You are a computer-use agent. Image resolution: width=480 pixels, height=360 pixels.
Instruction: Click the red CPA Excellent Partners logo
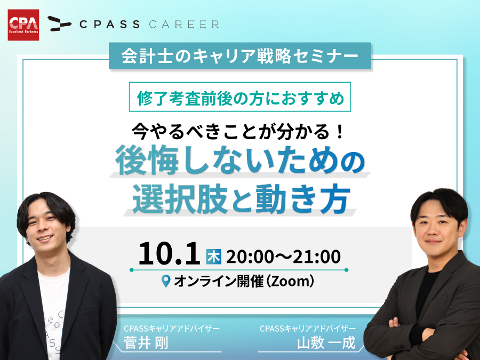pos(23,25)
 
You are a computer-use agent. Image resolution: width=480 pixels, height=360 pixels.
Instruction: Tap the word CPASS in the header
pos(109,24)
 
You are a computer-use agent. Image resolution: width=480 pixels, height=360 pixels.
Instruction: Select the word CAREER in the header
pos(184,24)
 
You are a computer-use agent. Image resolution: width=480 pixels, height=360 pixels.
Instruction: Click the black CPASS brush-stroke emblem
pos(59,23)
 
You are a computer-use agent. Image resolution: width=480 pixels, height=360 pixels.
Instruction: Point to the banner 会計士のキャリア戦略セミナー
pos(240,55)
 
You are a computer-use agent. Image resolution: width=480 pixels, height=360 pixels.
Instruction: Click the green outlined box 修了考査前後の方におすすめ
pos(240,97)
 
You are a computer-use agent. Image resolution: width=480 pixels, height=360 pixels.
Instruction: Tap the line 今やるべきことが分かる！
pos(238,131)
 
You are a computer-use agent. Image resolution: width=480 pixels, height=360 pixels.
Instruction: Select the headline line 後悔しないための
pos(240,161)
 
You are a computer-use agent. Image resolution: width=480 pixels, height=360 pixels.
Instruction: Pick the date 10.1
pos(169,253)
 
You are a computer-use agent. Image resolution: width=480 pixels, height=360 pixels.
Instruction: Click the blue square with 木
pos(213,257)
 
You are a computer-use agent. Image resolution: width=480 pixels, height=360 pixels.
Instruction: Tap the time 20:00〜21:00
pos(283,257)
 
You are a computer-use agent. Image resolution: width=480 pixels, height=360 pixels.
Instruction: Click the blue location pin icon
pos(166,281)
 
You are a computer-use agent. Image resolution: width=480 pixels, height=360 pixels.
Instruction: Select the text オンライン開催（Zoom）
pos(244,281)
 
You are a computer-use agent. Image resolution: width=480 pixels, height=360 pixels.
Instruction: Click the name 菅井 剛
pos(146,342)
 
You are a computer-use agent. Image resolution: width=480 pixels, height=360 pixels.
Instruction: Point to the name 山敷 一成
pos(326,342)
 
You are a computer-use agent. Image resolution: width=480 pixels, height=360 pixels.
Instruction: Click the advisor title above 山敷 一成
pos(308,329)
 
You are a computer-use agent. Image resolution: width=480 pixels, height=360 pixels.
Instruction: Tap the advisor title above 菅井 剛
pos(171,329)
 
